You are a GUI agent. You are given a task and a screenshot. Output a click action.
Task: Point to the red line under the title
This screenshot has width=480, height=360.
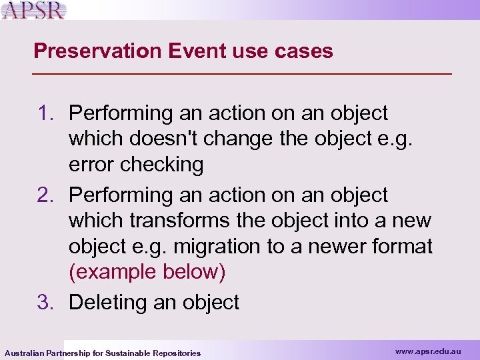[x=243, y=72]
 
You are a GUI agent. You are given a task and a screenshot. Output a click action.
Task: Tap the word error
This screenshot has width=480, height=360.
[x=93, y=165]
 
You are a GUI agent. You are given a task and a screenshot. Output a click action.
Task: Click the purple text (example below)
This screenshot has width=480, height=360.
[x=147, y=272]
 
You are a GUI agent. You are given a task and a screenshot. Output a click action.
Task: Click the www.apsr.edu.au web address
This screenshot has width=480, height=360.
[x=427, y=351]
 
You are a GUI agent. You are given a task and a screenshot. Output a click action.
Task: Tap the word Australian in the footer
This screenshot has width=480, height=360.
[x=25, y=353]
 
